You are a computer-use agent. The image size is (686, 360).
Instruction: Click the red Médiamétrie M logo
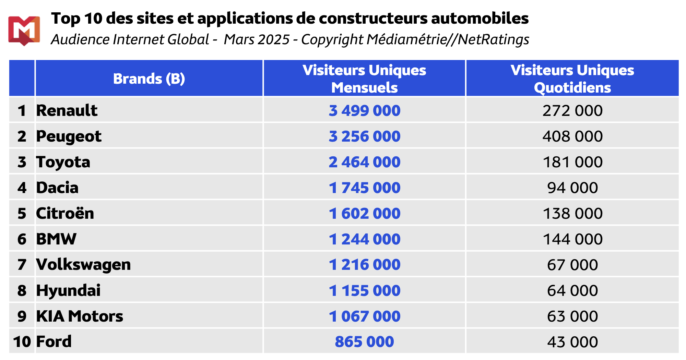click(x=24, y=30)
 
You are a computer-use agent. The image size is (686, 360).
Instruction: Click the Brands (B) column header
click(x=149, y=79)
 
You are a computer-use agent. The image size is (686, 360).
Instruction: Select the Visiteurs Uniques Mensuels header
click(x=364, y=79)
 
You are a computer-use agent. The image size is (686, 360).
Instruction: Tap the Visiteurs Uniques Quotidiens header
click(x=572, y=79)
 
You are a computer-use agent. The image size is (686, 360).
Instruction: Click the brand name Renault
click(x=67, y=110)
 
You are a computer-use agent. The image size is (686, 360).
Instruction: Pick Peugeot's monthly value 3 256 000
click(x=364, y=136)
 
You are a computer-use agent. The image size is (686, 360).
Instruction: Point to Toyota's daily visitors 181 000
click(x=572, y=162)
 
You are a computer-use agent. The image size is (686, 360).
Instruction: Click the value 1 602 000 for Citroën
click(x=364, y=214)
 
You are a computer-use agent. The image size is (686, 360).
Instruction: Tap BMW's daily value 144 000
click(x=572, y=239)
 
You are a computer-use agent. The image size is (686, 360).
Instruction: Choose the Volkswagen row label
click(x=83, y=265)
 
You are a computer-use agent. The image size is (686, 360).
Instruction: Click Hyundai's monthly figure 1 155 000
click(x=364, y=291)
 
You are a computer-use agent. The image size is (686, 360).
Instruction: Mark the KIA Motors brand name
click(x=80, y=316)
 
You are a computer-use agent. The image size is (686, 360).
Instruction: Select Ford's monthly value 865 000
click(x=364, y=342)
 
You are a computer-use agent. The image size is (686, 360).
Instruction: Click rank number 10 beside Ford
click(x=22, y=342)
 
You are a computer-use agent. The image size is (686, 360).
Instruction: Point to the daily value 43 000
click(x=572, y=342)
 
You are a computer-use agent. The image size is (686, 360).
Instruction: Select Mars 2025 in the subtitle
click(x=257, y=39)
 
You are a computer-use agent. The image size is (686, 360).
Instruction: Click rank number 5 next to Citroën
click(x=22, y=214)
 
